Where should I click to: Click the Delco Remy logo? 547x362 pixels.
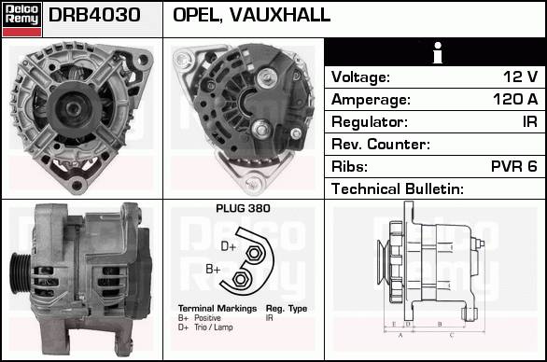22,20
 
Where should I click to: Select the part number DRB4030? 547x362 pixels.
94,15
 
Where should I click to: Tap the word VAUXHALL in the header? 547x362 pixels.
280,15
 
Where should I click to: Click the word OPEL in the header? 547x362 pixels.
198,15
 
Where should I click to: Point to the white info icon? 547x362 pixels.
438,52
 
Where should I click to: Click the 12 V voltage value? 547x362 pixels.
520,77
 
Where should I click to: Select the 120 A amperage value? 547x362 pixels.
515,99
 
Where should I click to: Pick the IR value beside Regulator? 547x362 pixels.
530,121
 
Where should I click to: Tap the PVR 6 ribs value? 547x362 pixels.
513,166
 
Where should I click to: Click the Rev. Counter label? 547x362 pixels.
381,144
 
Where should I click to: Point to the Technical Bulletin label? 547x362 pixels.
398,188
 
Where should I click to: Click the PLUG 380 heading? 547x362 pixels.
243,208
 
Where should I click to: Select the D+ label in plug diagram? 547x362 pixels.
229,246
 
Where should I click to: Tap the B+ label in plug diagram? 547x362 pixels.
213,270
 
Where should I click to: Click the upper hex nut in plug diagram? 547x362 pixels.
254,253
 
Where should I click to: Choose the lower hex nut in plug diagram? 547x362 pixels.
240,279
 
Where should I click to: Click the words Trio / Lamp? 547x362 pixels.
214,327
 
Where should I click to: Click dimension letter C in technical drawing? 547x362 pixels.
452,335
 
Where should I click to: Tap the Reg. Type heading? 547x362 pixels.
287,309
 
